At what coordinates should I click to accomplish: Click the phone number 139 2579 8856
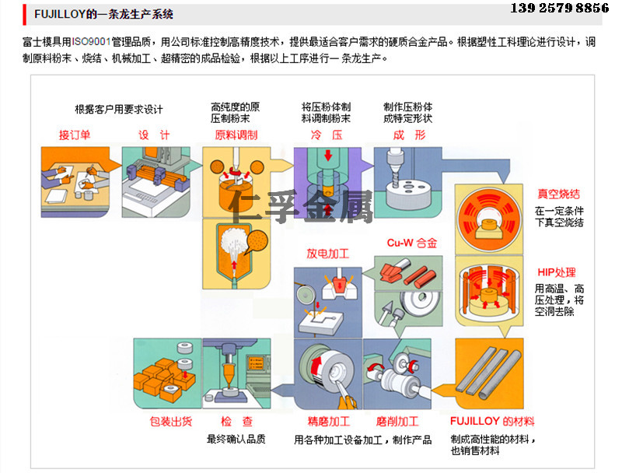click(559, 9)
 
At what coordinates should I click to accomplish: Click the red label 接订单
click(75, 135)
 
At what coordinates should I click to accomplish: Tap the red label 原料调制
click(236, 135)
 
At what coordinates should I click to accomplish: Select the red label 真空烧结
click(558, 194)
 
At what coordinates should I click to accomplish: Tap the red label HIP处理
click(556, 272)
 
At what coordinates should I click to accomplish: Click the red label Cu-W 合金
click(411, 243)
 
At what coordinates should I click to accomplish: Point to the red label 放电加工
click(327, 254)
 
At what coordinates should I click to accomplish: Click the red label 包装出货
click(170, 422)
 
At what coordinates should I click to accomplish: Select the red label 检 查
click(236, 422)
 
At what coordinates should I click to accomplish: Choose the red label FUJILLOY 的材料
click(492, 422)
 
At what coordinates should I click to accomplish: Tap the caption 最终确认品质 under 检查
click(236, 439)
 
